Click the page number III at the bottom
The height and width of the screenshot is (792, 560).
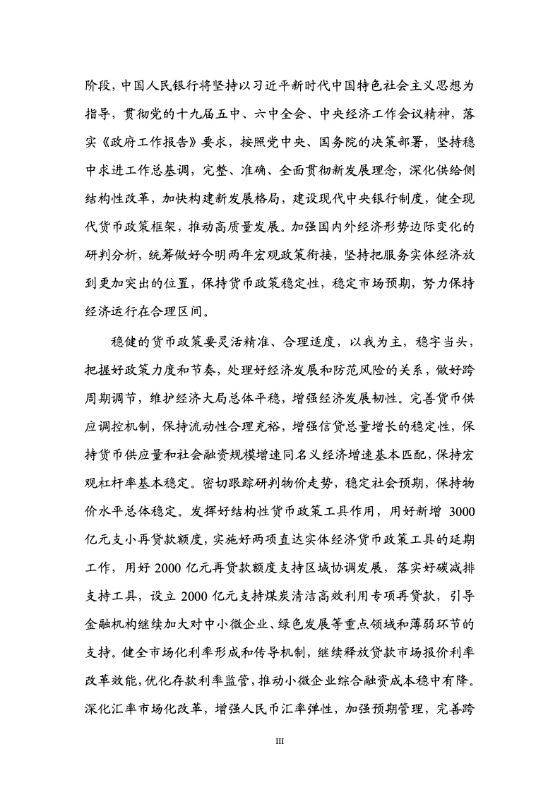[x=280, y=742]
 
